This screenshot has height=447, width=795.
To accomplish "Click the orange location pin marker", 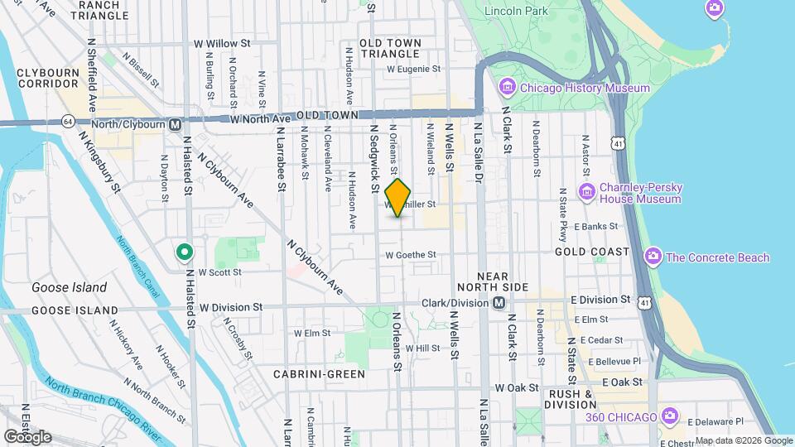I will (x=398, y=197).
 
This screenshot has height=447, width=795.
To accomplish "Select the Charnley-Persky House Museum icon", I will (x=587, y=193).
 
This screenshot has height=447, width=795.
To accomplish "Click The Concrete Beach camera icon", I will (x=653, y=257).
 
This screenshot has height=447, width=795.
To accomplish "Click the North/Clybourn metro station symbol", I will (x=175, y=125).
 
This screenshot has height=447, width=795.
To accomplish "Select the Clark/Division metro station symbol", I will (x=499, y=302).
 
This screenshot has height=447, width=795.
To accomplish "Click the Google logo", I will (x=27, y=436).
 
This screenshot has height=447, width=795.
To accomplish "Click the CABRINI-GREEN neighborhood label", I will (x=319, y=374).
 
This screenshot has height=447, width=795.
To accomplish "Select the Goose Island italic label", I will (x=69, y=288).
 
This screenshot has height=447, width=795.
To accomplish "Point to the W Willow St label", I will (x=222, y=43).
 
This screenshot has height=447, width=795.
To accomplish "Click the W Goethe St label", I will (x=410, y=255).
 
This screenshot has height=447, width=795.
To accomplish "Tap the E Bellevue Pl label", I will (x=610, y=362).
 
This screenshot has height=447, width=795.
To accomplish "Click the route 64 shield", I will (x=66, y=121).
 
